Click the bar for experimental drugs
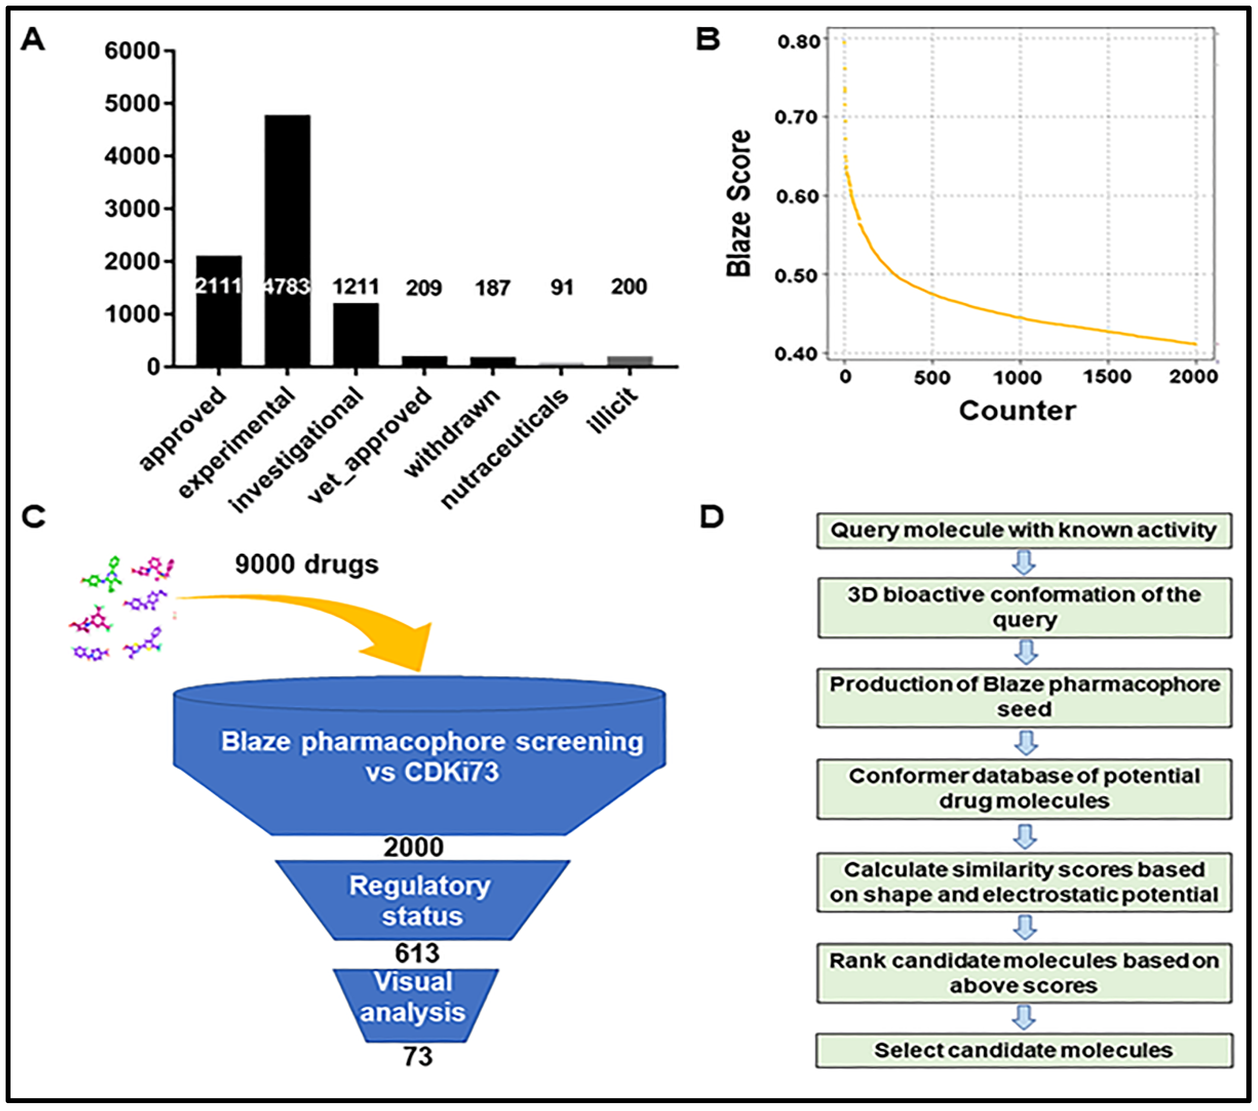point(288,240)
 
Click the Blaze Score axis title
point(739,203)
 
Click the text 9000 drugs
point(306,564)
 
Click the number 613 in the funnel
point(417,953)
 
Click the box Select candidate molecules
point(1023,1050)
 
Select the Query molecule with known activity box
point(1023,530)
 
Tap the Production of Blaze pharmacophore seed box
point(1023,697)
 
